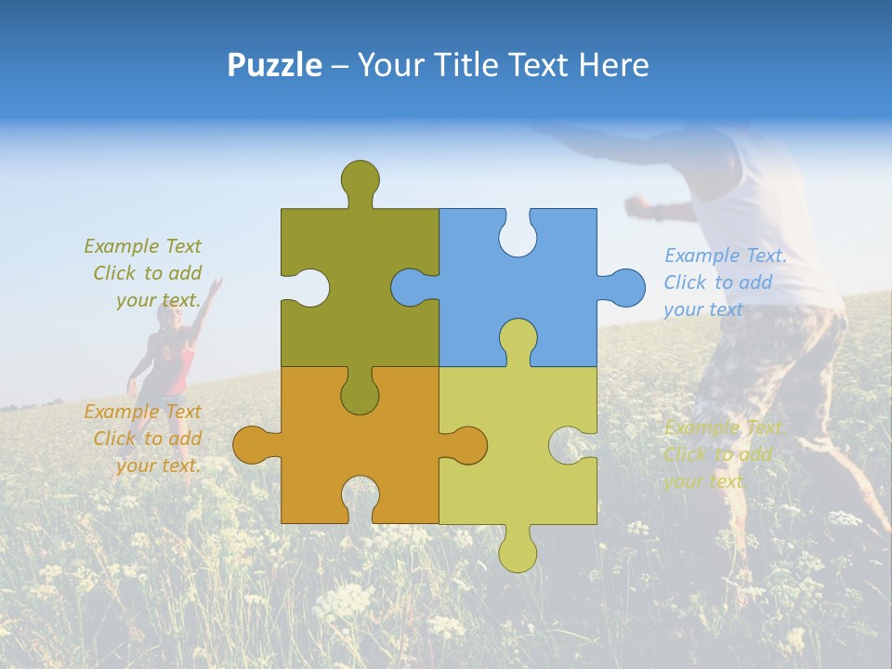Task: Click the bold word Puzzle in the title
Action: click(x=274, y=65)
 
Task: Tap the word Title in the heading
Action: click(x=496, y=65)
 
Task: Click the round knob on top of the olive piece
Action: click(x=360, y=177)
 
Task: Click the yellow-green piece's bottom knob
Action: click(x=518, y=552)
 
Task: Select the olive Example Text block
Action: click(x=144, y=273)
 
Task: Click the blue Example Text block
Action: click(x=724, y=282)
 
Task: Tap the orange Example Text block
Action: click(x=144, y=439)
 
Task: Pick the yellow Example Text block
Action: click(x=722, y=454)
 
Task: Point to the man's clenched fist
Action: click(x=637, y=206)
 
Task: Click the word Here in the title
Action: click(x=614, y=65)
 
